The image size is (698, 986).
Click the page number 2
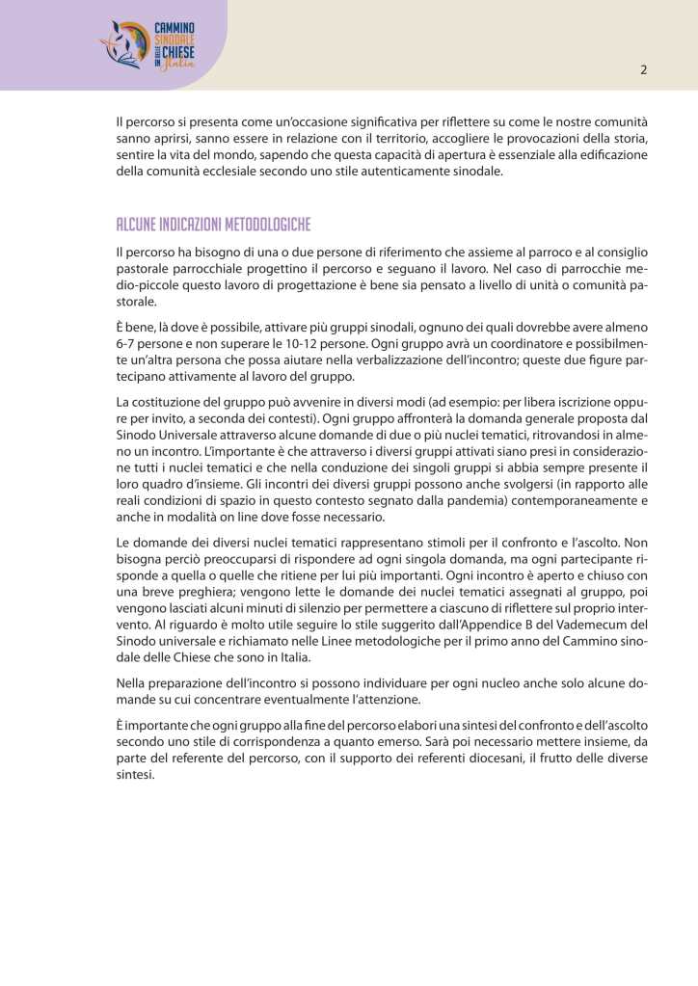point(643,70)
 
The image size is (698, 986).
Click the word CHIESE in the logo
point(178,50)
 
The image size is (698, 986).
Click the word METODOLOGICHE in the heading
point(265,225)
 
